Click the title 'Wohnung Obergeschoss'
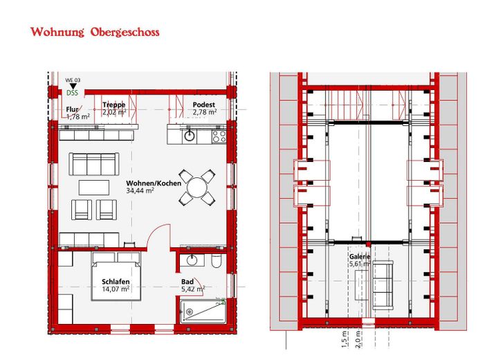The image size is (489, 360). click(x=95, y=32)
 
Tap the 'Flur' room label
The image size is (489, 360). click(x=72, y=109)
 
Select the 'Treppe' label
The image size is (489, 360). click(x=114, y=105)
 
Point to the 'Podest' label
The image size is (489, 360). click(x=204, y=105)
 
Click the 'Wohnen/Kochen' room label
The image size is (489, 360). click(x=154, y=183)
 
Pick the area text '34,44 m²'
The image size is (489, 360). click(x=140, y=190)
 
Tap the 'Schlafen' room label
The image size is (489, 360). click(x=116, y=282)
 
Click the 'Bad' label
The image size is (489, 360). click(x=187, y=282)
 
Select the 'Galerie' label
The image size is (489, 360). click(x=360, y=257)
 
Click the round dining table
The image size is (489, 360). click(x=197, y=188)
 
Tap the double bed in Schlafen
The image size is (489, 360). click(x=116, y=276)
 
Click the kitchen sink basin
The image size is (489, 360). click(x=189, y=136)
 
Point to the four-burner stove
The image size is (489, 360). click(x=219, y=137)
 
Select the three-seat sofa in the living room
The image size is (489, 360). click(x=94, y=164)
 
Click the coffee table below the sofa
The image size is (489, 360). click(x=94, y=188)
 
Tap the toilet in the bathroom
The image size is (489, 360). click(x=216, y=261)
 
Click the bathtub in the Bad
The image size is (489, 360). click(x=203, y=312)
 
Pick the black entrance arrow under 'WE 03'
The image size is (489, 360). click(x=73, y=87)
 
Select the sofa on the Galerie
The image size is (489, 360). click(x=383, y=285)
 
